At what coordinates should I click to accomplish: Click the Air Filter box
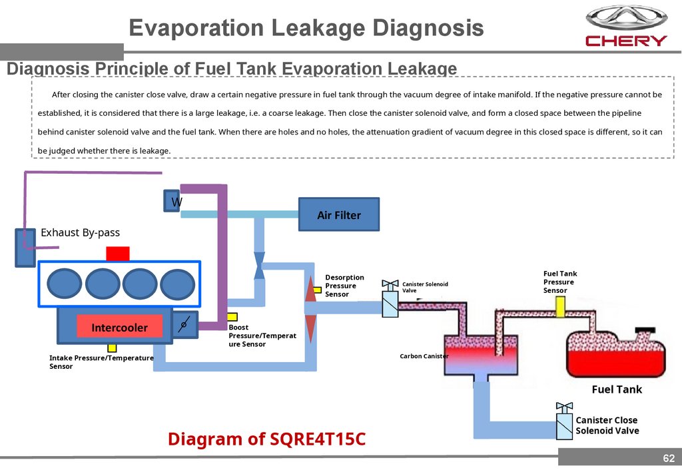coord(339,214)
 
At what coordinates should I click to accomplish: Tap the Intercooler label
coord(119,327)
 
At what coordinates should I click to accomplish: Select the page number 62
coord(668,459)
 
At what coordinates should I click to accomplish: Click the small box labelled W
coord(172,201)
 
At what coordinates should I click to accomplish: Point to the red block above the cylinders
coord(118,253)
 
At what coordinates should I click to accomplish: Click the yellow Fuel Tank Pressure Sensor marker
coord(561,306)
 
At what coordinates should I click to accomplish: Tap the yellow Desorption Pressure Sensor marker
coord(318,290)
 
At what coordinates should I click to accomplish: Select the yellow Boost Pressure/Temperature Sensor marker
coord(232,318)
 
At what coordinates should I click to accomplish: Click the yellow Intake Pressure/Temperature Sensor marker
coord(112,348)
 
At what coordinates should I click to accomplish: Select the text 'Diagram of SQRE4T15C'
coord(267,439)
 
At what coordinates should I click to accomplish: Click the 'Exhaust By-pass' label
coord(81,232)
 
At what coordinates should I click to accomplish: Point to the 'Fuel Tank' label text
coord(617,389)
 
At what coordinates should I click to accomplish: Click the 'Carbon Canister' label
coord(424,356)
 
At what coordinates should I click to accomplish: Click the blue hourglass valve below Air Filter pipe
coord(260,265)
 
